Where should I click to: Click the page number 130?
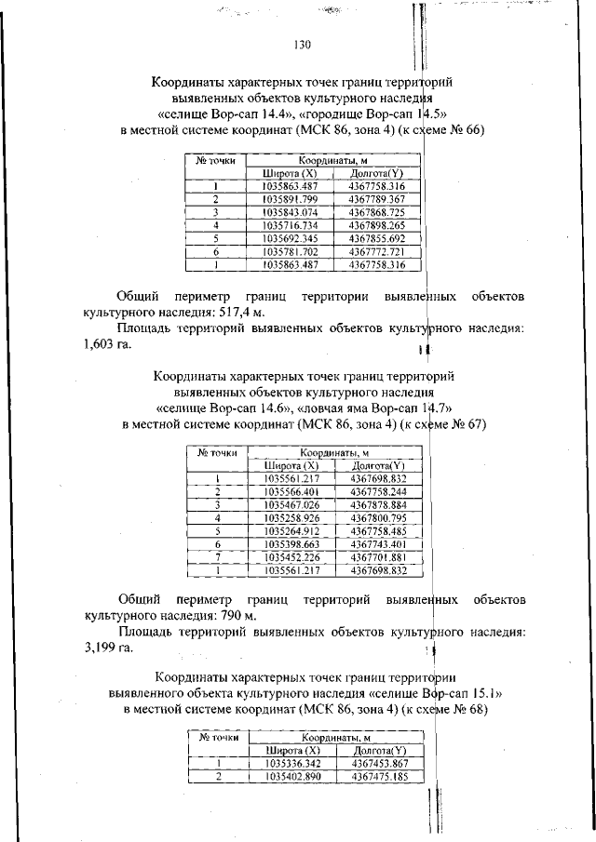click(x=300, y=45)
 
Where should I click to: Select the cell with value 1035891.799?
click(x=291, y=199)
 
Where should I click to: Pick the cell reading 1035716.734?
click(x=291, y=225)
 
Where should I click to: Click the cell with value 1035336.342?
click(x=291, y=763)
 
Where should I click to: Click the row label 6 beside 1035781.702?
click(x=215, y=251)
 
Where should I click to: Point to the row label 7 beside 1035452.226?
click(x=216, y=556)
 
